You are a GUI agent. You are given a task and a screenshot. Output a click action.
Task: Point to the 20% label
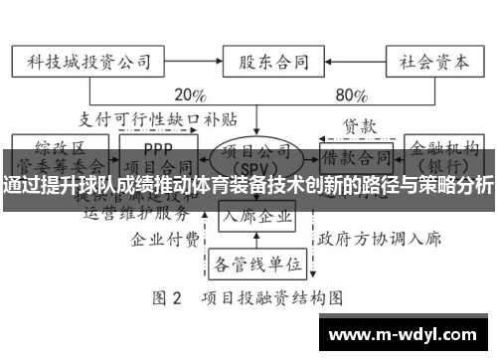(189, 96)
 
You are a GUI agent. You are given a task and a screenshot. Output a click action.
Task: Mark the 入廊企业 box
(256, 216)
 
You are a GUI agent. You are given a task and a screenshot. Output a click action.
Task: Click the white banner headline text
(248, 185)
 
